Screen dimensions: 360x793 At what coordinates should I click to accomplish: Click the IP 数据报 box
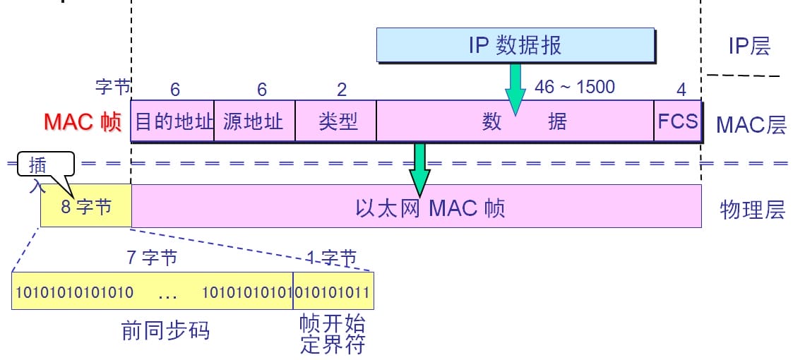tap(515, 46)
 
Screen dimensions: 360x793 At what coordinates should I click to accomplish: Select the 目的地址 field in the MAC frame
tap(173, 121)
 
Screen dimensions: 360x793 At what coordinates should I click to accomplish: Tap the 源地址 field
tap(254, 121)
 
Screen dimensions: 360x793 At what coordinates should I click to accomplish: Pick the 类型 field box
tap(335, 121)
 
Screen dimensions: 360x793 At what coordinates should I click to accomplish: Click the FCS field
tap(677, 121)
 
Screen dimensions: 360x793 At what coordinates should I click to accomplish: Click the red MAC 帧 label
tap(82, 121)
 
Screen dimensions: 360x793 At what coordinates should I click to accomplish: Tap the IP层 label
tap(749, 47)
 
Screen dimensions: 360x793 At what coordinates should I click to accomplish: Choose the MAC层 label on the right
tap(750, 125)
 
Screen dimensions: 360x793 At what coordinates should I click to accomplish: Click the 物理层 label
tap(752, 210)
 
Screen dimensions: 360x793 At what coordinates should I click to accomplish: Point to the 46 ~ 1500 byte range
tap(575, 87)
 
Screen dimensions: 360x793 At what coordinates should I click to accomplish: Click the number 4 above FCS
tap(681, 90)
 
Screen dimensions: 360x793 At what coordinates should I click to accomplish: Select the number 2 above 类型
tap(342, 90)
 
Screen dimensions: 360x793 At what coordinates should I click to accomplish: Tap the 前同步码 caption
tap(166, 330)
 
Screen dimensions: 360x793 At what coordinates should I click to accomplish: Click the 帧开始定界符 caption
tap(333, 335)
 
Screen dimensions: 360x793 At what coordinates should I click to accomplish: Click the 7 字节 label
tap(152, 258)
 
